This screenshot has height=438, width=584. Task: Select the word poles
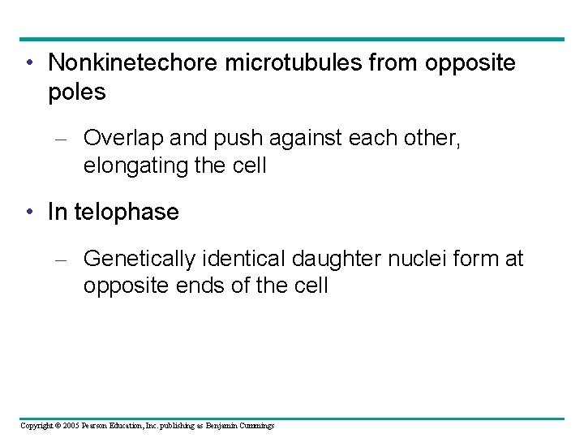[76, 92]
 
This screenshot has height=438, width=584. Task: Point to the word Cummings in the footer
[255, 425]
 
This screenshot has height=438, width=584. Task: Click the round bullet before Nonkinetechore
[29, 63]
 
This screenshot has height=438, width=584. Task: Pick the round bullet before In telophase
[29, 213]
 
